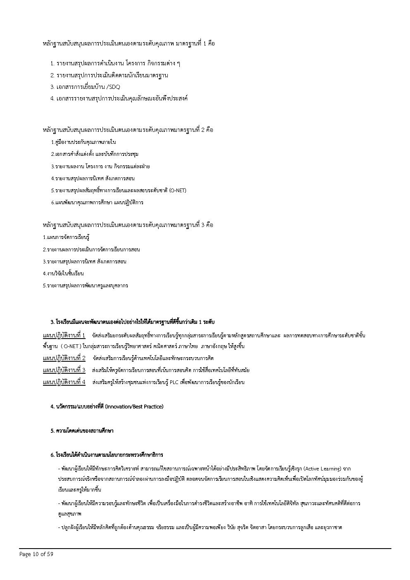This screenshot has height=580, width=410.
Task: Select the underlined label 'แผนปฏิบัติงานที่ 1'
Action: (64, 335)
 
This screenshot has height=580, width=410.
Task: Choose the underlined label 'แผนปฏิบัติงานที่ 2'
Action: (64, 358)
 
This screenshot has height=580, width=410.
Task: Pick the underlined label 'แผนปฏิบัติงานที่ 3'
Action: (64, 370)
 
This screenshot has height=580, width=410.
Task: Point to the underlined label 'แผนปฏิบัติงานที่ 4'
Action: (64, 382)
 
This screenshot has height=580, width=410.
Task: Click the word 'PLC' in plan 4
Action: (174, 382)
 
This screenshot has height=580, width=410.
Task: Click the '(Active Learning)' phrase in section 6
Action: (322, 469)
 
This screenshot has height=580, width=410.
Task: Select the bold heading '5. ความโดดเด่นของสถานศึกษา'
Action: (82, 431)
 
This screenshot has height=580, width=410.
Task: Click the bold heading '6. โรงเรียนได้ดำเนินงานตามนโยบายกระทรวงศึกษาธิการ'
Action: (107, 455)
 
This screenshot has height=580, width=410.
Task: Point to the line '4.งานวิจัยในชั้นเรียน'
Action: (63, 274)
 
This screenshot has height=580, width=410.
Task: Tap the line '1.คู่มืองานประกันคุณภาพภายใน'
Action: (83, 142)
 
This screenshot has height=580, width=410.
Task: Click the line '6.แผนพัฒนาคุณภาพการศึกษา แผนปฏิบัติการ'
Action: (97, 203)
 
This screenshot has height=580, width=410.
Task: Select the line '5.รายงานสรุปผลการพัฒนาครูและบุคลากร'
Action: (85, 286)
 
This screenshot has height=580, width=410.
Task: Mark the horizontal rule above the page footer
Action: (205, 549)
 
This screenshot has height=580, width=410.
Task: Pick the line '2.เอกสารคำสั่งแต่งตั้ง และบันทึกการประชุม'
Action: (95, 154)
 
